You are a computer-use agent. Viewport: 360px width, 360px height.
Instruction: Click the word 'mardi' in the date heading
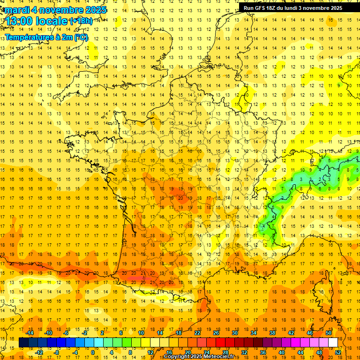click(x=17, y=9)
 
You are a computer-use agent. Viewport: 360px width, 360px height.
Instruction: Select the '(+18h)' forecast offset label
click(x=81, y=21)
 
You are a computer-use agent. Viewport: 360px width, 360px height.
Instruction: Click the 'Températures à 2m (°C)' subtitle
click(x=46, y=37)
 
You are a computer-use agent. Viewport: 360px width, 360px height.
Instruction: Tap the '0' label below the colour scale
click(x=92, y=352)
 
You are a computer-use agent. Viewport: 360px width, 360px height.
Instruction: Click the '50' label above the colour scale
click(x=329, y=333)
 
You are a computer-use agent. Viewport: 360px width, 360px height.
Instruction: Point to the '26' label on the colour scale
click(x=216, y=333)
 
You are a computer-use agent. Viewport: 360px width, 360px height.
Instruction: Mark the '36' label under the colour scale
click(x=262, y=352)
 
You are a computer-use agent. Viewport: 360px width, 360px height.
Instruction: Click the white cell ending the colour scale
click(x=333, y=343)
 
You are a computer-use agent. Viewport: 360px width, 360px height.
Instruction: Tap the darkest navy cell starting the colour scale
click(x=23, y=343)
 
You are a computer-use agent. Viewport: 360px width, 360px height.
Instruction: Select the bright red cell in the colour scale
click(x=220, y=343)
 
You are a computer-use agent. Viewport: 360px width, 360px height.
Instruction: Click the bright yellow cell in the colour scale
click(x=155, y=343)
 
